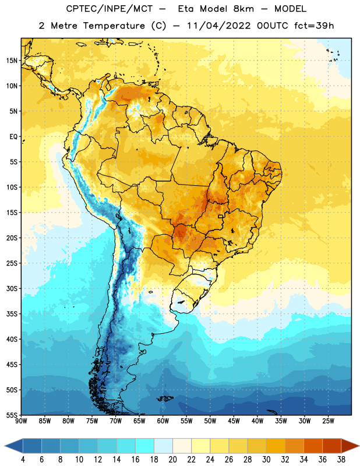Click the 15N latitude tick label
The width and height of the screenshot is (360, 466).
tap(12, 61)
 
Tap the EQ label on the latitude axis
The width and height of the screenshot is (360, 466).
tap(13, 137)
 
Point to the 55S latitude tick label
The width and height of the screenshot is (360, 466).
tap(12, 415)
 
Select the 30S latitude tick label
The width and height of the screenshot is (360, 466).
tap(12, 288)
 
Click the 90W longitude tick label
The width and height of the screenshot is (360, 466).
tap(21, 421)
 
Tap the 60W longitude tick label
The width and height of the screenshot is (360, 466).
tap(163, 421)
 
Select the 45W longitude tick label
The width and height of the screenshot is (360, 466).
tap(234, 421)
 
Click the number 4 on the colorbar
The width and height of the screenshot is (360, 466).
tap(23, 460)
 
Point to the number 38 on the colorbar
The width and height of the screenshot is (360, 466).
tap(341, 460)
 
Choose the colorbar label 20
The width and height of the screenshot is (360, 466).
tap(172, 460)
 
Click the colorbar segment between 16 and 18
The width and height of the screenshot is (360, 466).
tap(145, 446)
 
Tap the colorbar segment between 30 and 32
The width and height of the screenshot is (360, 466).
tap(276, 446)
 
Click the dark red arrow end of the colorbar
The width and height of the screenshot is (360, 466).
tap(350, 446)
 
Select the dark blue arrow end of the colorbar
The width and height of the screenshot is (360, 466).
tap(14, 446)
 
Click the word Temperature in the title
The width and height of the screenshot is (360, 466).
tap(114, 26)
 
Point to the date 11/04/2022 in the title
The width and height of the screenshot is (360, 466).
tap(219, 26)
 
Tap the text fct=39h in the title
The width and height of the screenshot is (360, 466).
tap(314, 26)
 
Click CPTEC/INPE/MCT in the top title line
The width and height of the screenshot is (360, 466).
tap(110, 9)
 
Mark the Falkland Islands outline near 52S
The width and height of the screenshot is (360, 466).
tap(165, 398)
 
